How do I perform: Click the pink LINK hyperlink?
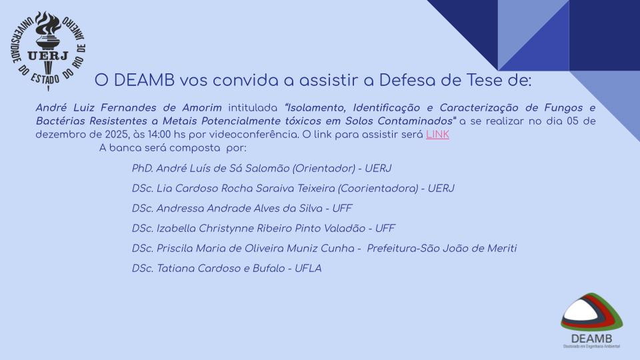click(437, 135)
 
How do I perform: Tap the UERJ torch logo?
click(48, 50)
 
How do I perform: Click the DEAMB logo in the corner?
click(591, 321)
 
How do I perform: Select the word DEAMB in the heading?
click(145, 81)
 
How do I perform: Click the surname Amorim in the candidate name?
click(202, 108)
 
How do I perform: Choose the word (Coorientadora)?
click(379, 189)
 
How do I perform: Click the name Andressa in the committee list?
click(181, 209)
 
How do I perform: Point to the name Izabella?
click(176, 229)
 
